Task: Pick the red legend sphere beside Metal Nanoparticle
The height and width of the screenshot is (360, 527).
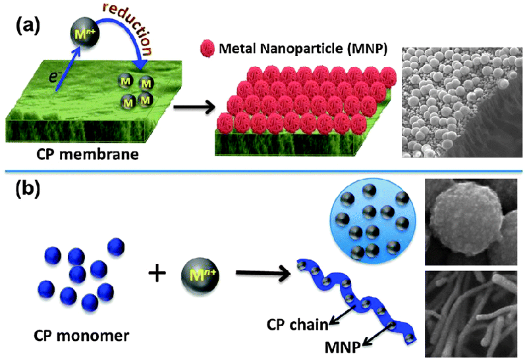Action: point(206,48)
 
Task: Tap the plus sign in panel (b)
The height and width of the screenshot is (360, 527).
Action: point(157,272)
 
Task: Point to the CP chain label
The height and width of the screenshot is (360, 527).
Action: point(296,323)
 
